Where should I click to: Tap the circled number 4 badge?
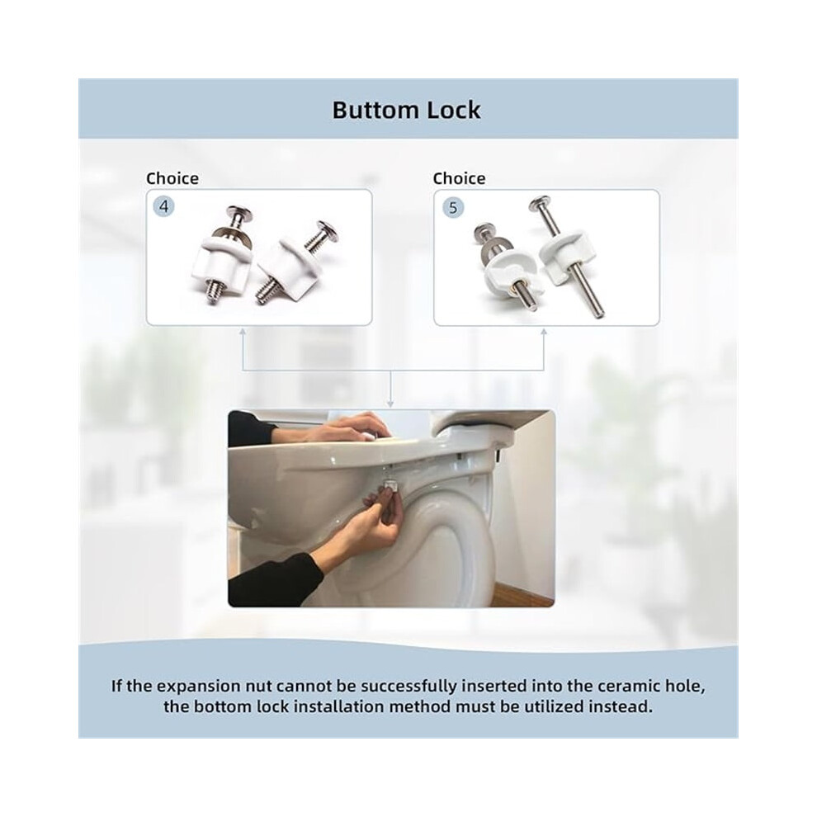(164, 207)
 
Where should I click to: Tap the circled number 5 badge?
(453, 208)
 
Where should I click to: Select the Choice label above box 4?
(172, 179)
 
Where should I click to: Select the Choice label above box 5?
(459, 179)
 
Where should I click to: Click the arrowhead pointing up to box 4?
(243, 332)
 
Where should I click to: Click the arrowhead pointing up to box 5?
(544, 332)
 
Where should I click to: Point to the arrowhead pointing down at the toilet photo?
(390, 404)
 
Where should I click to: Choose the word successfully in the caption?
(408, 687)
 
